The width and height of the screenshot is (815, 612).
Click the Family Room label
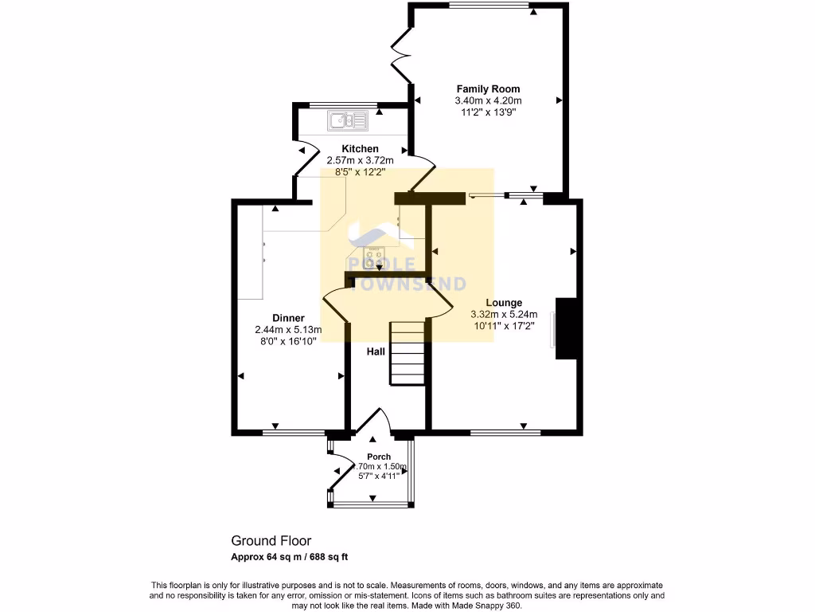click(488, 89)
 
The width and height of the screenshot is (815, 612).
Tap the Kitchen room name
click(360, 149)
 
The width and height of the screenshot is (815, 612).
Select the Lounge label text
click(504, 303)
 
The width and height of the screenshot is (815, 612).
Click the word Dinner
click(288, 318)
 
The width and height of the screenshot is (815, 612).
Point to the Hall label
click(376, 351)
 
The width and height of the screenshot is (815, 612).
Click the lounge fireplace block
click(566, 328)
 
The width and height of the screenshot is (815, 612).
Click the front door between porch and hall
click(372, 424)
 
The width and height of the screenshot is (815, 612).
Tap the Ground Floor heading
click(271, 540)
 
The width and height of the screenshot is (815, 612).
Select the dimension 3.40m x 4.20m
click(488, 101)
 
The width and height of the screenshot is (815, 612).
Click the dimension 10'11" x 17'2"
click(504, 325)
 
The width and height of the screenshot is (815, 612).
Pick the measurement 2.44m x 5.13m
click(288, 330)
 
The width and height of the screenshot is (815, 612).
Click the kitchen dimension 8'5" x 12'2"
click(360, 171)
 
